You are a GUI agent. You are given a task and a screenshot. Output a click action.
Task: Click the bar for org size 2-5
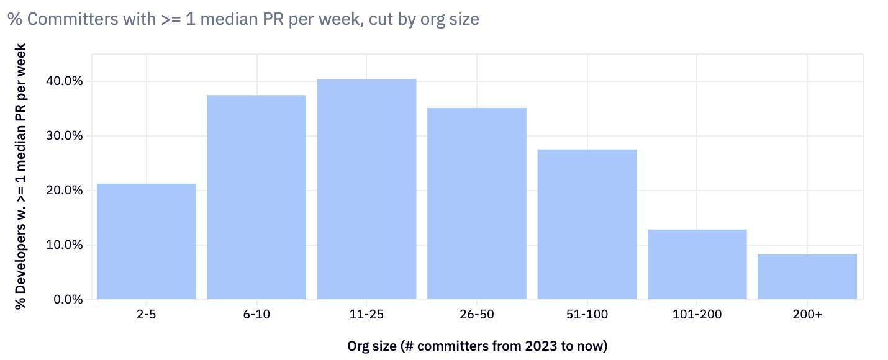tap(147, 241)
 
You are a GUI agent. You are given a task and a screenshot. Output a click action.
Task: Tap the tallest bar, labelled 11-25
tap(366, 189)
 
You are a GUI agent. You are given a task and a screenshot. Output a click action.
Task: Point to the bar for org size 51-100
tap(587, 224)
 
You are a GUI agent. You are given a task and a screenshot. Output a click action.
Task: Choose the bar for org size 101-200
tap(697, 264)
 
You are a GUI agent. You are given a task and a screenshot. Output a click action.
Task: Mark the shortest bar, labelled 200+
tap(807, 277)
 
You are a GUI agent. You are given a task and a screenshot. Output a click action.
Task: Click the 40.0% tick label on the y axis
tap(65, 81)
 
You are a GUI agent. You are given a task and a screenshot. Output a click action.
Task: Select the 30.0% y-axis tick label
tap(65, 136)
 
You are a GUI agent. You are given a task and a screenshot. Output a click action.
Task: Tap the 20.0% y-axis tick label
tap(65, 191)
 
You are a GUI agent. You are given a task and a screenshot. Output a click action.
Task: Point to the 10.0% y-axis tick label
tap(65, 245)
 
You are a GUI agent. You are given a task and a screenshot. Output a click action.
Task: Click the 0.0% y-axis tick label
tap(68, 300)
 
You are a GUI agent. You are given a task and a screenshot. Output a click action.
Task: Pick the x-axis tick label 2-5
tap(147, 315)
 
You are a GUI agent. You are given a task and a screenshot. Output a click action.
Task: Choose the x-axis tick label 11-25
tap(366, 315)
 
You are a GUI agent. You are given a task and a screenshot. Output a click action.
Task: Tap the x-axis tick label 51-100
tap(587, 315)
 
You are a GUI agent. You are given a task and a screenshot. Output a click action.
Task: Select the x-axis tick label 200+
tap(807, 315)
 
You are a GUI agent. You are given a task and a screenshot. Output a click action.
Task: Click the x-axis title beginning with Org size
tap(477, 346)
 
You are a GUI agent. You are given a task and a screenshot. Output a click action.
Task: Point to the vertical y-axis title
tap(20, 176)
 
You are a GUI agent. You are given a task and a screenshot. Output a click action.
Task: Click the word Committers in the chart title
tap(67, 19)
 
